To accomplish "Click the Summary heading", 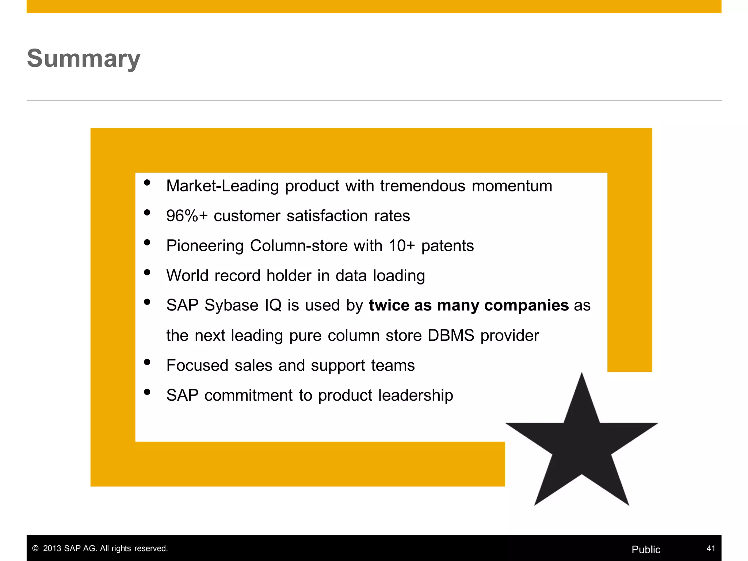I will (84, 58).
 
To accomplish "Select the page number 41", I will (710, 548).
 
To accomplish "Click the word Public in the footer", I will (646, 549).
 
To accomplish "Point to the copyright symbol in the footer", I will (35, 549).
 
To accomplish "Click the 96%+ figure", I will (187, 216).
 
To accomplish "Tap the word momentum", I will (512, 186).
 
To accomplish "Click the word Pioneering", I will (205, 246).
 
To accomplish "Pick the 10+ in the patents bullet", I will (401, 246).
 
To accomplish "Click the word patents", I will (447, 246).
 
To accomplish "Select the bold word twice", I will (389, 305).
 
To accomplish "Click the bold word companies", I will (526, 305).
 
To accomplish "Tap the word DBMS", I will (451, 335).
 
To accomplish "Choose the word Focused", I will (197, 365).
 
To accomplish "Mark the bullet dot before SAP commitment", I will (147, 392).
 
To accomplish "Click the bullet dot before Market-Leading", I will (147, 183).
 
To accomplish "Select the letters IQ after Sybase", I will (273, 305).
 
